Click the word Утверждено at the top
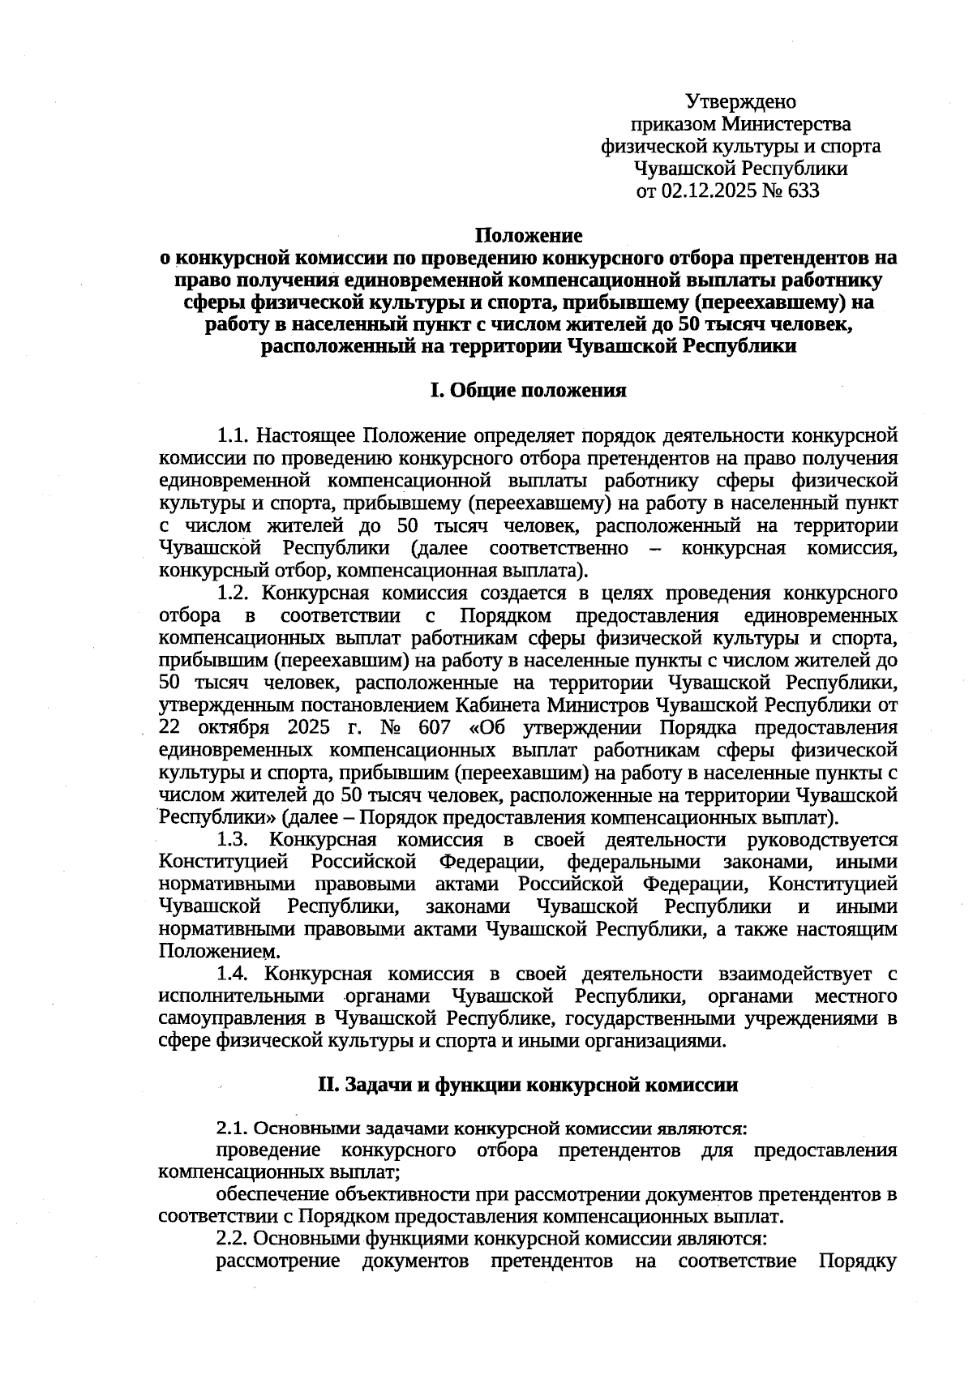tap(740, 102)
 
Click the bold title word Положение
tap(528, 236)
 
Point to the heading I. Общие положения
tap(528, 391)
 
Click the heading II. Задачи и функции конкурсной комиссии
tap(528, 1085)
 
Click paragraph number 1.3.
tap(233, 839)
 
